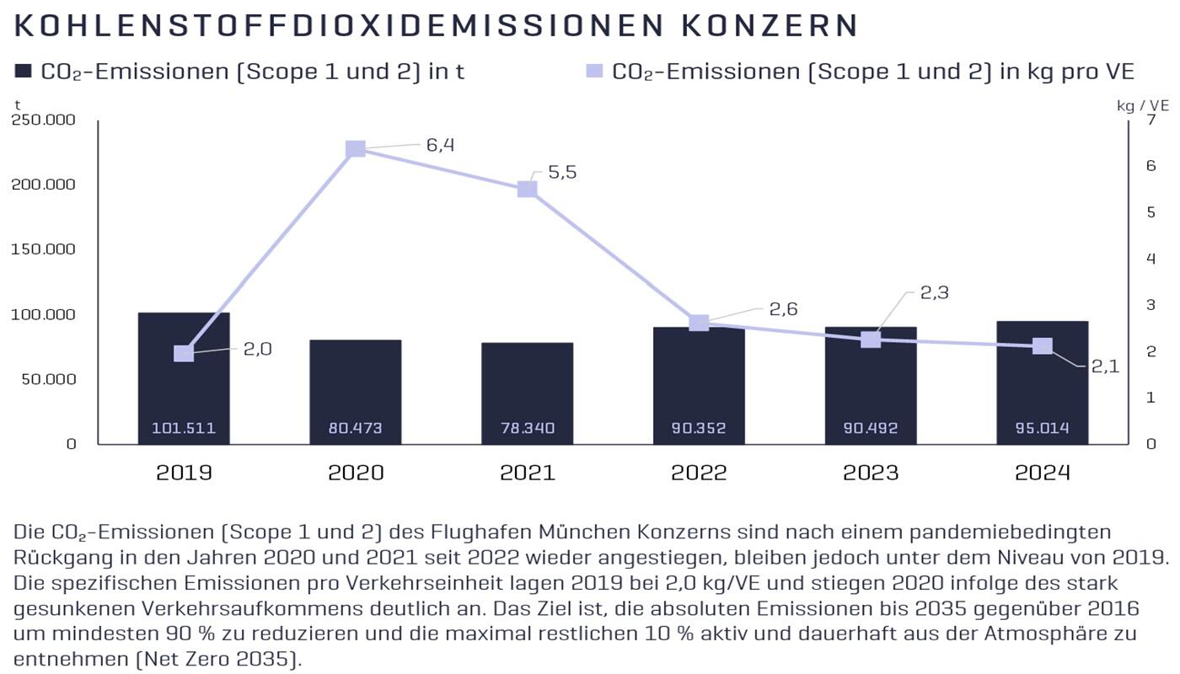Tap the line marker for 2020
pyautogui.click(x=356, y=149)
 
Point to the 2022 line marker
pyautogui.click(x=699, y=323)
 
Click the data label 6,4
pyautogui.click(x=440, y=145)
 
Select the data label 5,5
pyautogui.click(x=562, y=173)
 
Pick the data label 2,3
pyautogui.click(x=935, y=293)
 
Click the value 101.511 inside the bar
pyautogui.click(x=184, y=428)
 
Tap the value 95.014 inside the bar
pyautogui.click(x=1042, y=428)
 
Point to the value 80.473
pyautogui.click(x=356, y=428)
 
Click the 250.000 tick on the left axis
pyautogui.click(x=44, y=120)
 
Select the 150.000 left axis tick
pyautogui.click(x=44, y=249)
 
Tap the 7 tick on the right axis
pyautogui.click(x=1150, y=120)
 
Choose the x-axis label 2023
pyautogui.click(x=871, y=473)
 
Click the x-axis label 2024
pyautogui.click(x=1042, y=473)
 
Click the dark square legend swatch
pyautogui.click(x=23, y=72)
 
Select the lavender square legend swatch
pyautogui.click(x=594, y=72)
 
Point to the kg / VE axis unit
pyautogui.click(x=1142, y=105)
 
